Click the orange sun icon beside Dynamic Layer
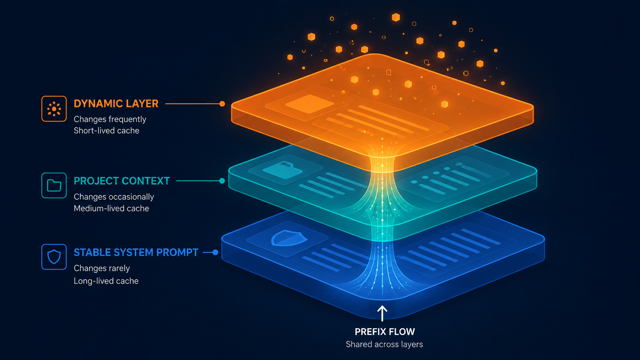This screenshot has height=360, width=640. tap(54, 109)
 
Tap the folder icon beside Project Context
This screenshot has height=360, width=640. tap(54, 185)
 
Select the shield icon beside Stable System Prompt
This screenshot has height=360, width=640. tap(54, 257)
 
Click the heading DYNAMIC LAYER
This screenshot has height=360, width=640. tap(116, 104)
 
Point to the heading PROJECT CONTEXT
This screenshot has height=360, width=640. tap(122, 181)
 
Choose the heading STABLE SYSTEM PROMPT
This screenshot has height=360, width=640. tap(136, 252)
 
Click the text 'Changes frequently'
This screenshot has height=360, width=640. tap(110, 119)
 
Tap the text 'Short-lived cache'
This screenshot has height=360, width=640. tap(106, 130)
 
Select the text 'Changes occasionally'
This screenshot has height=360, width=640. tap(114, 197)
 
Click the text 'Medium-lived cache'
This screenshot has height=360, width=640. tap(111, 209)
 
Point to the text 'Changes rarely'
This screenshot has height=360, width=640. tap(102, 268)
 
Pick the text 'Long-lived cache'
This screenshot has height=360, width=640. tap(106, 281)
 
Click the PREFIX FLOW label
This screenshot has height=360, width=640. tap(385, 332)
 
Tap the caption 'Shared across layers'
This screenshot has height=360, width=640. tap(384, 344)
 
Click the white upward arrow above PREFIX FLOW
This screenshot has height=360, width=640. tap(382, 313)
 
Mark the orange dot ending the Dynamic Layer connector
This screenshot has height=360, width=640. tap(222, 104)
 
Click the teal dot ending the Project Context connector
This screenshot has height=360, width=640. tap(222, 181)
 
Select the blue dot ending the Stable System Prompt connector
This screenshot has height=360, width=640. tap(216, 252)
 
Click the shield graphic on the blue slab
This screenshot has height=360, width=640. tap(289, 238)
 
